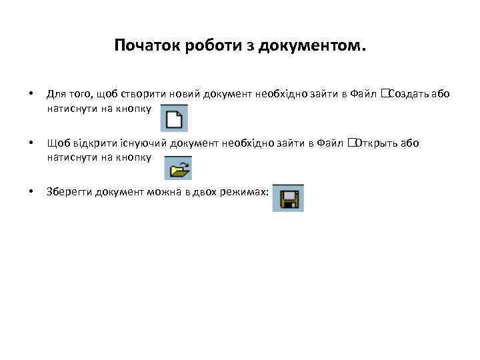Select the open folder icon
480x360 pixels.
pyautogui.click(x=178, y=168)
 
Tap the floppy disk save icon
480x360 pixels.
pyautogui.click(x=288, y=199)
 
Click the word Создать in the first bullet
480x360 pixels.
pyautogui.click(x=408, y=94)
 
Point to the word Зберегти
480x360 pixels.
pyautogui.click(x=69, y=192)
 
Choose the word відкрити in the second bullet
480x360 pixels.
pyautogui.click(x=94, y=143)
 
